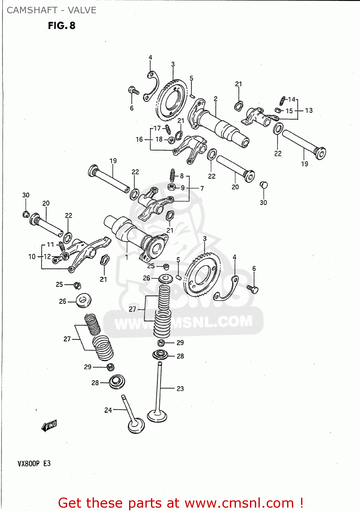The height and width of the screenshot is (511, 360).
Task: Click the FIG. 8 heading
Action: click(62, 26)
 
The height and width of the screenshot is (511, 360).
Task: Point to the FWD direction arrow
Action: click(49, 425)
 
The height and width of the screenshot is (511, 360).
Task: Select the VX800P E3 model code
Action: click(34, 463)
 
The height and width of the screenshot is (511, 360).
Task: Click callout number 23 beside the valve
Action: click(180, 388)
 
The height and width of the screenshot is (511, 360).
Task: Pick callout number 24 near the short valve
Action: click(108, 410)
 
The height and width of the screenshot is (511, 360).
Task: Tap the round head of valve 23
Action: click(157, 416)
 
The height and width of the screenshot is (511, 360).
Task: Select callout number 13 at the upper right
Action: click(309, 110)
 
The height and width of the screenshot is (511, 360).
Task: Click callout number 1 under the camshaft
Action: click(127, 257)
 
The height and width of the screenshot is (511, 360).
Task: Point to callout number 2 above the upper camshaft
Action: click(216, 99)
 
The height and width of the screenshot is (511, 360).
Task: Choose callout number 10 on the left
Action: click(32, 257)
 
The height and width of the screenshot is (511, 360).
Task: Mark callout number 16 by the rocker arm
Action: click(139, 139)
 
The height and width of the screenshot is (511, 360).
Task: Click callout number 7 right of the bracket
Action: click(202, 188)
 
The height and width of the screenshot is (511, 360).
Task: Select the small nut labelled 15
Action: click(277, 110)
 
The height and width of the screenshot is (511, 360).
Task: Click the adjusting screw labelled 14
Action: click(282, 100)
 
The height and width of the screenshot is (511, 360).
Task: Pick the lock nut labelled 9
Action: click(172, 187)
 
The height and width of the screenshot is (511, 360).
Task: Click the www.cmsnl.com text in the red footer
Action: click(239, 503)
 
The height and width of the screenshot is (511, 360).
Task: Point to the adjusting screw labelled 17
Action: click(168, 129)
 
